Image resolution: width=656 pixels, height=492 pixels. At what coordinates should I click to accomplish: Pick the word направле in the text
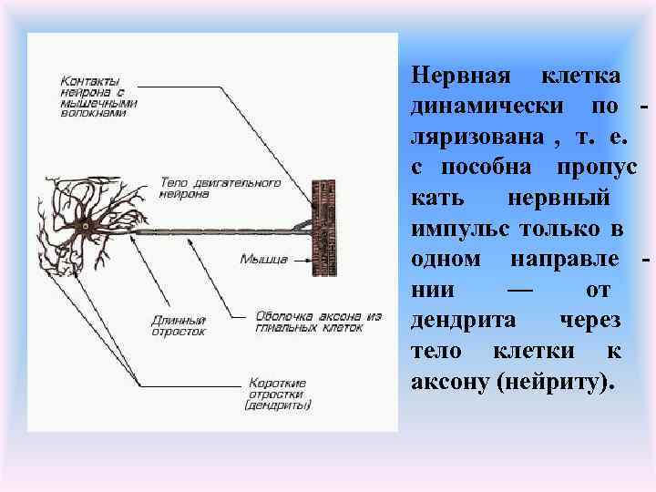(x=562, y=258)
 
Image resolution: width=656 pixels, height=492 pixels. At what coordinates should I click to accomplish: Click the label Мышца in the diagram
(x=264, y=259)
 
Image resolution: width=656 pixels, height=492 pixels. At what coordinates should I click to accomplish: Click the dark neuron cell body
(x=86, y=225)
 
